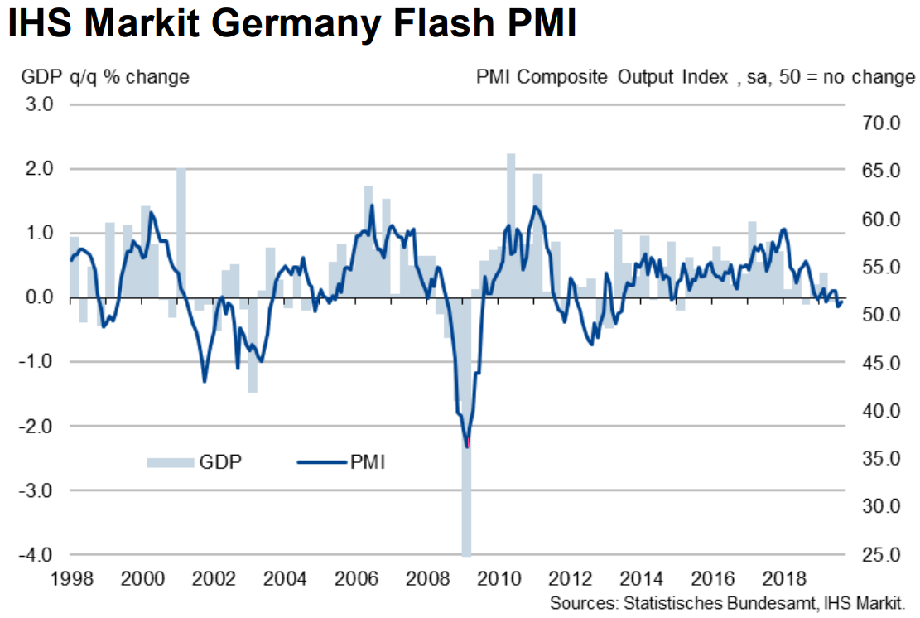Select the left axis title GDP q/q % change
(106, 77)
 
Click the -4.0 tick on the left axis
(39, 554)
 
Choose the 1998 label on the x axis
(70, 577)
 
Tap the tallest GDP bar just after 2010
(511, 224)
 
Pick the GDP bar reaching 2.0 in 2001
(181, 232)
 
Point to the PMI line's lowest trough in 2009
(467, 447)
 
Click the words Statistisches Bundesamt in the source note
(701, 601)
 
